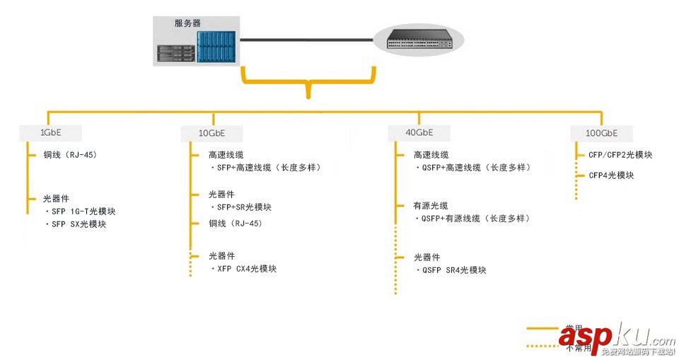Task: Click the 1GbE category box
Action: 50,132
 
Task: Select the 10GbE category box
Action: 211,133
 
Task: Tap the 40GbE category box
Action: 419,132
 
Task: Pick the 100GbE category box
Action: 601,133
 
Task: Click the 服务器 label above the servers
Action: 188,23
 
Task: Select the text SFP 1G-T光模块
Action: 83,211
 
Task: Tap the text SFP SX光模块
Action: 78,224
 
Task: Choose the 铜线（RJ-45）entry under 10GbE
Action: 235,223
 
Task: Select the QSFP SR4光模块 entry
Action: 453,270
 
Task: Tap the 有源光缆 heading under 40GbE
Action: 431,206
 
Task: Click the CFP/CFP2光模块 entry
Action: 620,155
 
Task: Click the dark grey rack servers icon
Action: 175,54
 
